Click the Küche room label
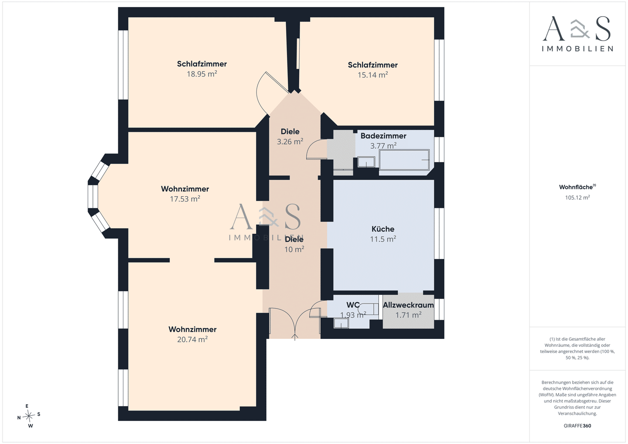pyautogui.click(x=383, y=229)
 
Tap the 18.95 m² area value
pyautogui.click(x=202, y=74)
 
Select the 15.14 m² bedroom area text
pyautogui.click(x=372, y=75)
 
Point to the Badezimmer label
pyautogui.click(x=383, y=136)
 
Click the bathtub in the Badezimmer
pyautogui.click(x=404, y=160)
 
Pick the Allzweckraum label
pyautogui.click(x=408, y=305)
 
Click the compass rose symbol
pyautogui.click(x=29, y=416)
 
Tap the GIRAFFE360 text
pyautogui.click(x=577, y=426)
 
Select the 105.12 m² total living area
pyautogui.click(x=577, y=198)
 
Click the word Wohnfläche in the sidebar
pyautogui.click(x=576, y=187)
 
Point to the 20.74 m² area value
pyautogui.click(x=192, y=339)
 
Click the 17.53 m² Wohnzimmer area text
pyautogui.click(x=185, y=199)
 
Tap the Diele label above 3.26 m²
pyautogui.click(x=290, y=131)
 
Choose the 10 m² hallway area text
pyautogui.click(x=294, y=249)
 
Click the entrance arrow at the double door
pyautogui.click(x=295, y=337)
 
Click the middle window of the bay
pyautogui.click(x=93, y=196)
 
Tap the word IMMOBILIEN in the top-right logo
pyautogui.click(x=577, y=49)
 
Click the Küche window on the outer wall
pyautogui.click(x=439, y=233)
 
